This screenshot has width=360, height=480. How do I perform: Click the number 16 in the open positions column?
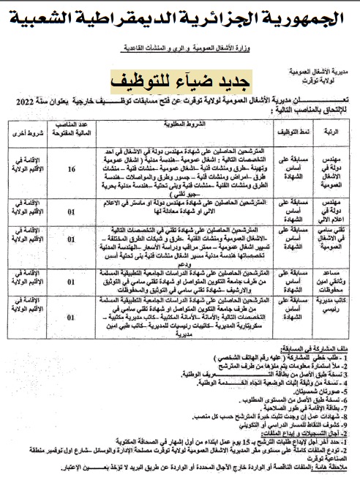[x=71, y=170]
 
